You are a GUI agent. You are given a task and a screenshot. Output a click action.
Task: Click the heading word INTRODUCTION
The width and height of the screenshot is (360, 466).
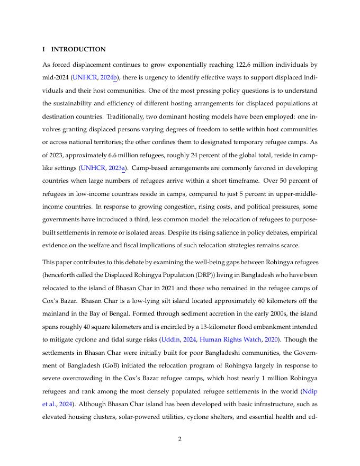(x=78, y=49)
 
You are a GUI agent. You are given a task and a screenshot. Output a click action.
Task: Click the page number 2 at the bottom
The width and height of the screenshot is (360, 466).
(x=180, y=438)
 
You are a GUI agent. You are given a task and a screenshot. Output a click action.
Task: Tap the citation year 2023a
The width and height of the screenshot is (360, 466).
(x=117, y=168)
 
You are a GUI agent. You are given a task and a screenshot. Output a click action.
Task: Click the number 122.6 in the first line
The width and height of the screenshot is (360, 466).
(x=245, y=65)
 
